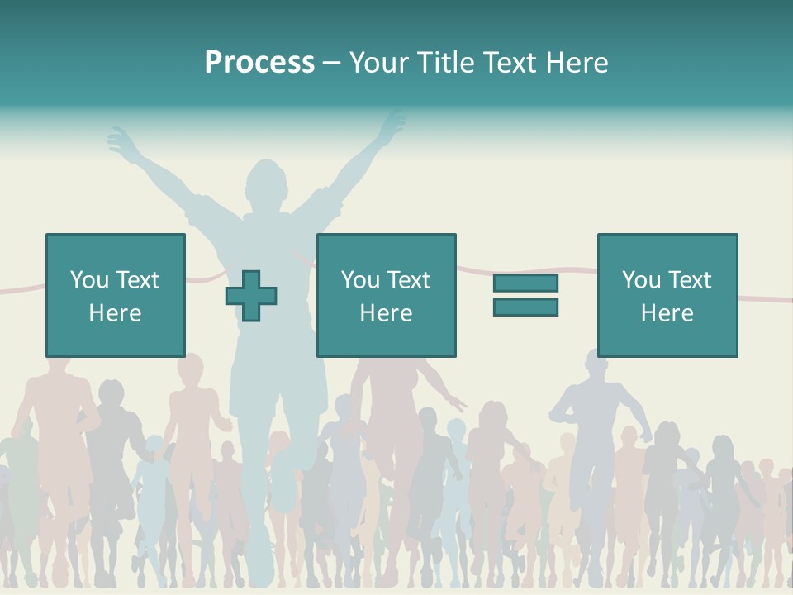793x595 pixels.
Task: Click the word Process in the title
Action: (x=259, y=63)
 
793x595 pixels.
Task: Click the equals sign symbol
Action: (x=525, y=295)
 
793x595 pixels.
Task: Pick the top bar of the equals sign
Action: (x=525, y=283)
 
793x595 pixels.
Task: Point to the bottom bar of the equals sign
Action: (x=525, y=307)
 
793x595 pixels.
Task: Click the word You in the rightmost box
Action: (x=641, y=280)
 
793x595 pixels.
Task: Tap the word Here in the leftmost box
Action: (x=115, y=313)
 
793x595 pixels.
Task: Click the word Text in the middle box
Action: (x=409, y=280)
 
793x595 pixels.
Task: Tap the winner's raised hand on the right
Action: (x=392, y=124)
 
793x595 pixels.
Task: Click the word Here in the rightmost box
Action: (x=667, y=313)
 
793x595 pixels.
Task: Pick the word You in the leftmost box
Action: (x=89, y=280)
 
